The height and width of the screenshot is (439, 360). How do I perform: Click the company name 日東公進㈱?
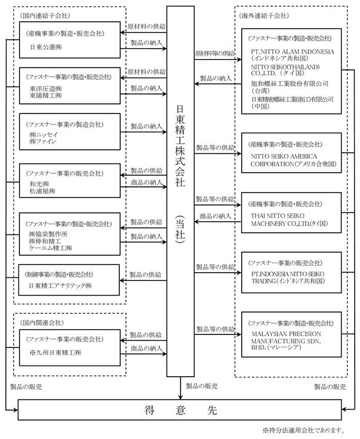(46, 47)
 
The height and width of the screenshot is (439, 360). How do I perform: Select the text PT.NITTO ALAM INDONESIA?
(292, 52)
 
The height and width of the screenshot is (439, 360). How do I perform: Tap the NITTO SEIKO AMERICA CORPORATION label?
(294, 160)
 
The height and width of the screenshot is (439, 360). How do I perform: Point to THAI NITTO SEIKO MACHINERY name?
(289, 220)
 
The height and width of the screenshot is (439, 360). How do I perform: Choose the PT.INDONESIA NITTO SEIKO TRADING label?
(288, 277)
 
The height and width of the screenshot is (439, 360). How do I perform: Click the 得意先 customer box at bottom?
(180, 410)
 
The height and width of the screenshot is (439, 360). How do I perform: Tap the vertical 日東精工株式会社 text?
(180, 146)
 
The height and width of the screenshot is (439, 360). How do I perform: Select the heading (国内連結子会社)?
(45, 16)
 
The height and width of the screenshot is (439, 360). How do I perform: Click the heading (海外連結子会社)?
(264, 16)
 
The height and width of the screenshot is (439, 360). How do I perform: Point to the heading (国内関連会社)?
(42, 323)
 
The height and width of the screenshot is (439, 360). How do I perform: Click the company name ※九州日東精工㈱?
(55, 353)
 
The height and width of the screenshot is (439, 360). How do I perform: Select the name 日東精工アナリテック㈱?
(60, 286)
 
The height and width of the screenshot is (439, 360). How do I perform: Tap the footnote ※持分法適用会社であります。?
(303, 430)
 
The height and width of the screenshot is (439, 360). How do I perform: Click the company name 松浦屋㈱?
(42, 191)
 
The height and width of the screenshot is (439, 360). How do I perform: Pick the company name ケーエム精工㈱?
(51, 248)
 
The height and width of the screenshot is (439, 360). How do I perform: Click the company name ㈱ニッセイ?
(44, 135)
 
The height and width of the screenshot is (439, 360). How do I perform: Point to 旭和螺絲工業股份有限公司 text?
(289, 83)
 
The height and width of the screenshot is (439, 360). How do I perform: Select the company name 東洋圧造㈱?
(46, 89)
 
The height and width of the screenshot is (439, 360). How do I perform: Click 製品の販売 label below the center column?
(202, 386)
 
